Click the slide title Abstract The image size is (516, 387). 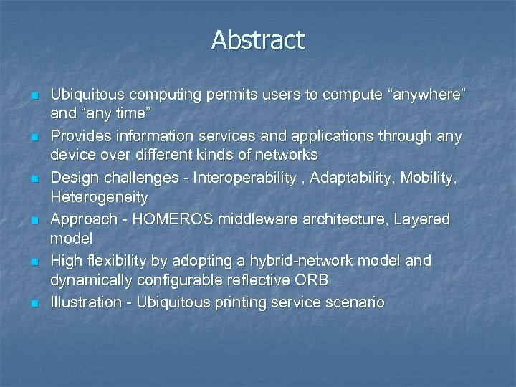(x=258, y=40)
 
